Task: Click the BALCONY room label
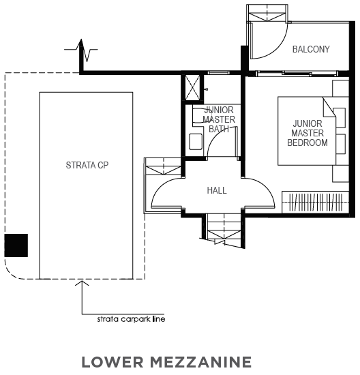point(311,49)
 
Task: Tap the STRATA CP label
point(87,165)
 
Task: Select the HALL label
point(217,190)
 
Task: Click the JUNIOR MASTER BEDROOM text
point(307,133)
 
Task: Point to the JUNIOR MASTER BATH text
point(219,119)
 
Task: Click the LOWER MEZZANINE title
point(166,362)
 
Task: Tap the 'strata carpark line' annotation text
point(131,319)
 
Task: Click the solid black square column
point(16,245)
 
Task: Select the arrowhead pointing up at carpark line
point(82,283)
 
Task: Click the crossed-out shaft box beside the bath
point(192,87)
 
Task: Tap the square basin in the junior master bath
point(196,142)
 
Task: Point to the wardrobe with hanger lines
point(315,202)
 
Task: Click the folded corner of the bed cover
point(329,107)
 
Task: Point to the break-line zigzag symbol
point(81,50)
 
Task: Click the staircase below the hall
point(224,230)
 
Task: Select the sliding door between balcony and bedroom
point(297,73)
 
